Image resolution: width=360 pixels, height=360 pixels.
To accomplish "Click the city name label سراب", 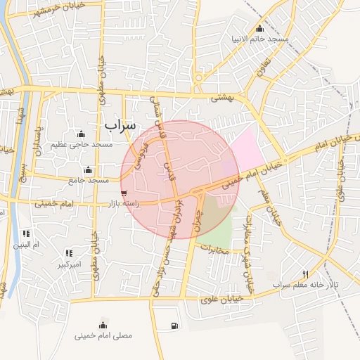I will [120, 124].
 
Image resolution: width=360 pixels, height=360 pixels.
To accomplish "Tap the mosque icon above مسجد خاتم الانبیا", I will [260, 28].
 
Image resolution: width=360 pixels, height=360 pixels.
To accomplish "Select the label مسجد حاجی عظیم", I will [82, 144].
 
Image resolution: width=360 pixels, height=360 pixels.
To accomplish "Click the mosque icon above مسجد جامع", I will [88, 169].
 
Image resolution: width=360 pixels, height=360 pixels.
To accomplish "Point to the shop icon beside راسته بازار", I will [124, 193].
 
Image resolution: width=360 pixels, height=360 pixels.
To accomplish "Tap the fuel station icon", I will [174, 326].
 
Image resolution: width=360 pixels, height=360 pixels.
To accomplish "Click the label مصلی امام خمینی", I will [103, 335].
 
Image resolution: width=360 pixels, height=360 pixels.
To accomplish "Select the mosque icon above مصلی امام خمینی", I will [103, 324].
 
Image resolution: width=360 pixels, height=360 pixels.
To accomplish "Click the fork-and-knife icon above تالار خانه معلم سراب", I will [304, 274].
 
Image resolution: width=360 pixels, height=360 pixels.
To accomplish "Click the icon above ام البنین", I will [26, 233].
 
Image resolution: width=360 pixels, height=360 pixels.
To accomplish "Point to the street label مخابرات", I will [213, 250].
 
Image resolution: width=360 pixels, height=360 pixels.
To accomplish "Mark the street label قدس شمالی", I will [157, 112].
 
